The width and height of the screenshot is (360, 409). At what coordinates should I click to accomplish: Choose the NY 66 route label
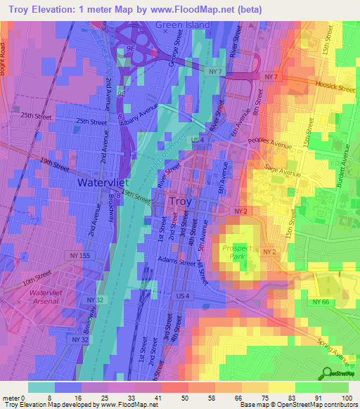coord(321,301)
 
